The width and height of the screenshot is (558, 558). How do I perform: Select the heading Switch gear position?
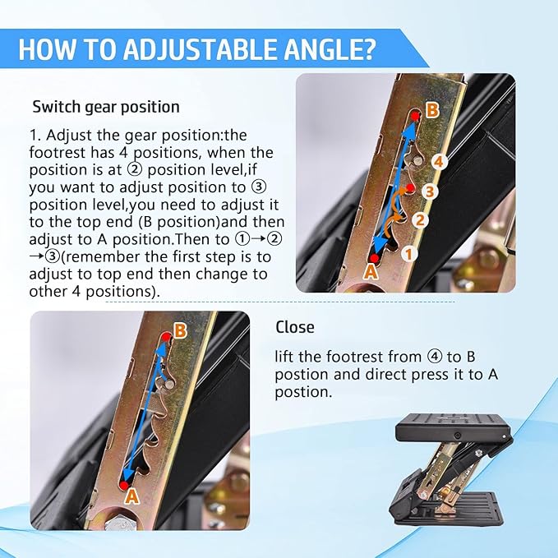click(105, 107)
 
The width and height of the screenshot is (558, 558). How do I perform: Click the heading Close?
click(295, 327)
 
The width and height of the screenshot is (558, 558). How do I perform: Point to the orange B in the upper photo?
click(433, 109)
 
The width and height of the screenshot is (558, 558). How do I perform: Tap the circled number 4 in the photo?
click(439, 162)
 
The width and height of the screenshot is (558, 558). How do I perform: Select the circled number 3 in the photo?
click(428, 191)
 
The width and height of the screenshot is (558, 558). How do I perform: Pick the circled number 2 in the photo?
click(419, 219)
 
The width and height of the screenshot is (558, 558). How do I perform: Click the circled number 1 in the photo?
click(408, 254)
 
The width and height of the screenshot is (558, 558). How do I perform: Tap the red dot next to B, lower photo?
click(166, 335)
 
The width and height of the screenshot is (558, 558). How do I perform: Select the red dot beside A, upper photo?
click(373, 258)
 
